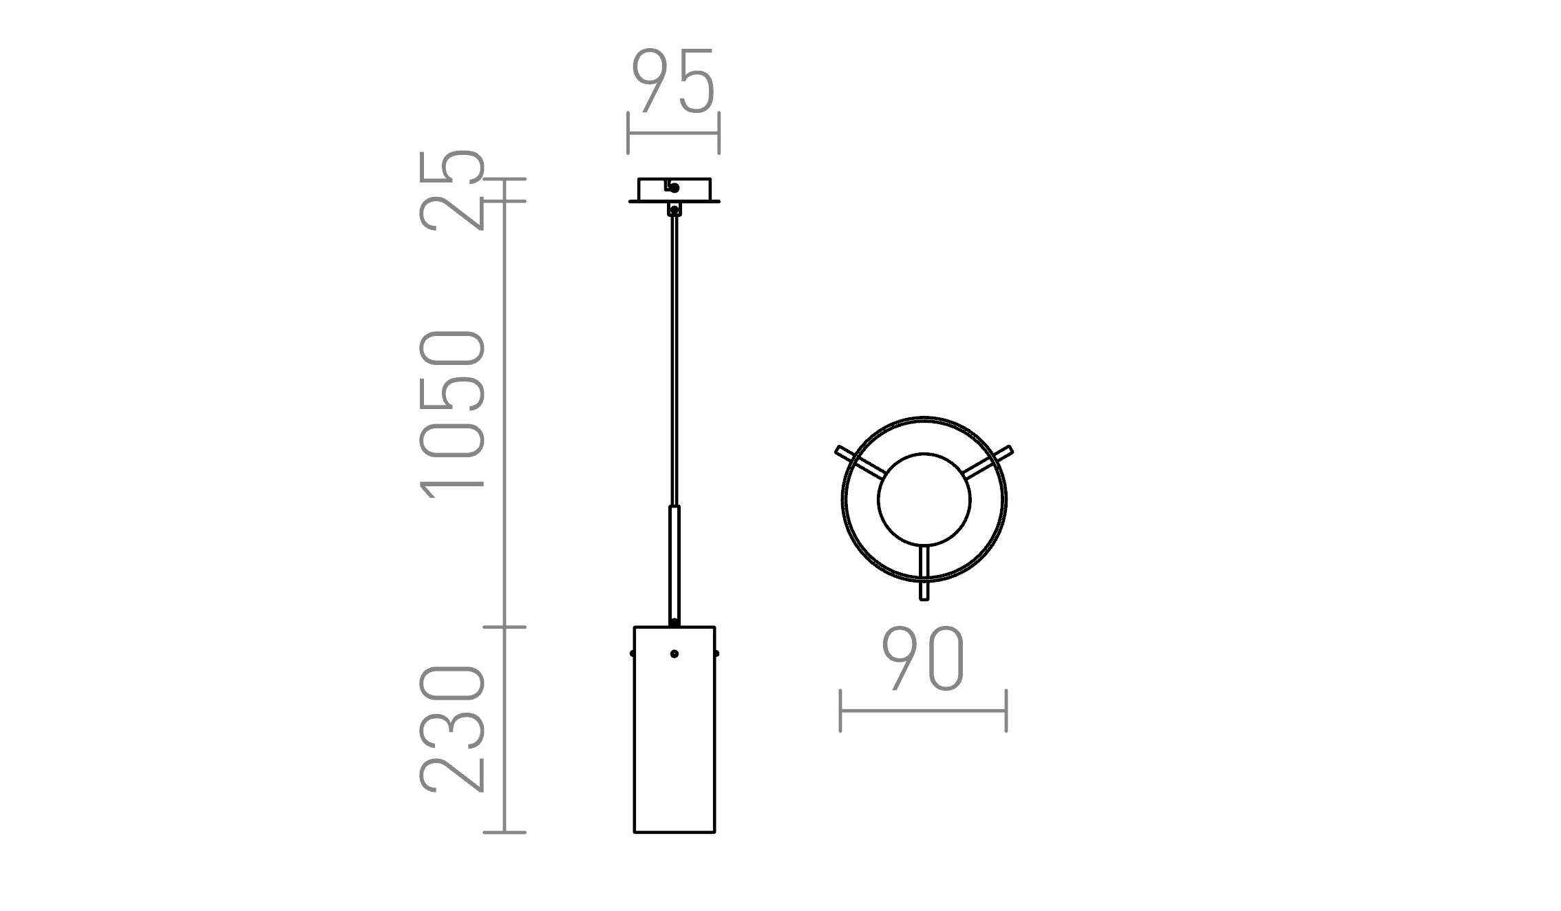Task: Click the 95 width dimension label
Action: coord(673,81)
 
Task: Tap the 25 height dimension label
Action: coord(452,190)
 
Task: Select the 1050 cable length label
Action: coord(452,413)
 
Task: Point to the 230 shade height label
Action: coord(452,729)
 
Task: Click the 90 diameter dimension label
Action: coord(923,659)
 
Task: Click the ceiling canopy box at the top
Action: coord(675,190)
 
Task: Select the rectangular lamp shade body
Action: coord(675,730)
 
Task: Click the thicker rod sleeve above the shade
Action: coord(675,565)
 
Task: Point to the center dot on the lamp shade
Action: coord(675,653)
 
